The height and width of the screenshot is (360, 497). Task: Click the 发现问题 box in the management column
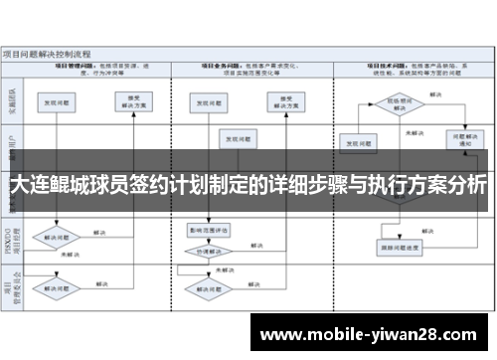55,102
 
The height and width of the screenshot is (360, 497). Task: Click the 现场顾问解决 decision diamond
395,102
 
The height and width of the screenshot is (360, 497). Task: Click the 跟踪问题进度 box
396,246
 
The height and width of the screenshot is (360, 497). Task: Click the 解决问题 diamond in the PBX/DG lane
55,239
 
